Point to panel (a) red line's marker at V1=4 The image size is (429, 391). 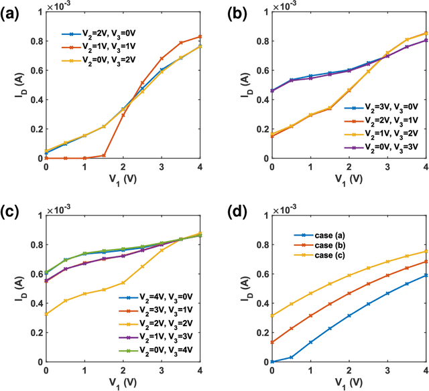201,36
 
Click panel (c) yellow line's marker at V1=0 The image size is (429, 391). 46,314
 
